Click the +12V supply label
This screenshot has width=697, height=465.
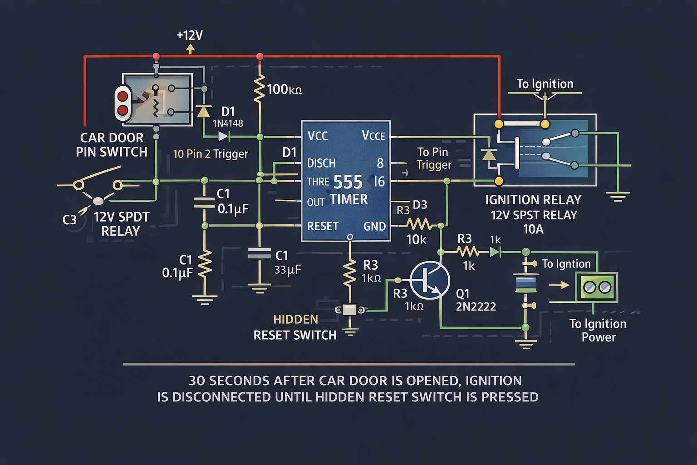190,35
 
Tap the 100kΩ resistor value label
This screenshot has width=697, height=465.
284,89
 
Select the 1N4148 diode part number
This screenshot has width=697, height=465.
228,123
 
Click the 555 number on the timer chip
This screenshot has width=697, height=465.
348,183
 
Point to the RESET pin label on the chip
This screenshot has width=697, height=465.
323,226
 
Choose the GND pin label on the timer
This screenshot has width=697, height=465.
374,227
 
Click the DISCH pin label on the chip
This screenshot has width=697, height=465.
321,163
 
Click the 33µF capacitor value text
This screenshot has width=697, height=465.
288,270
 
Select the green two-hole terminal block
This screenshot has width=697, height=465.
597,287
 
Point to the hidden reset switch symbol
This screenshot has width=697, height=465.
350,310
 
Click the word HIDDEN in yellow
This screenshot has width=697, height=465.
295,320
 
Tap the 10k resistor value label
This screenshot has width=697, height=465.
416,240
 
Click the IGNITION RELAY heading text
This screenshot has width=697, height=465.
533,200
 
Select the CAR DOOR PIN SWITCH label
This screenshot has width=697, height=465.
112,144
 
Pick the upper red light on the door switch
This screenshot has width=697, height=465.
123,96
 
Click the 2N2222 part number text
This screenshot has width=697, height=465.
476,307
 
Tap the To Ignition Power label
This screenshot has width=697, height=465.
598,330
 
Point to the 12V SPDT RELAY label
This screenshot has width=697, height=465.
121,224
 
